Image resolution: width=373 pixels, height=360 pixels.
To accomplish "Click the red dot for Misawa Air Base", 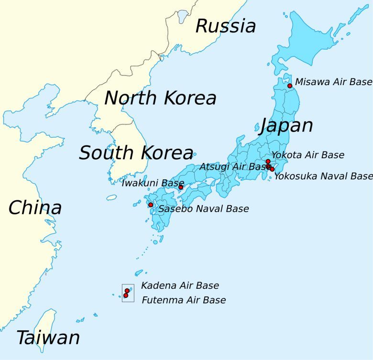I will pyautogui.click(x=290, y=86).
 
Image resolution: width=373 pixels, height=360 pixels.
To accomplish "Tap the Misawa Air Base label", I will pyautogui.click(x=333, y=82).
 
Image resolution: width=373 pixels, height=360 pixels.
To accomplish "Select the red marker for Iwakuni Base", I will pyautogui.click(x=181, y=187).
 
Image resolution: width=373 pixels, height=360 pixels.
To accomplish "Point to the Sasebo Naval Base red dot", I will pyautogui.click(x=151, y=205).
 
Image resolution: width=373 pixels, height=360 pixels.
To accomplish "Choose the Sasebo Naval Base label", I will pyautogui.click(x=204, y=209).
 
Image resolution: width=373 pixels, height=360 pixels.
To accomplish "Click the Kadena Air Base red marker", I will pyautogui.click(x=127, y=291).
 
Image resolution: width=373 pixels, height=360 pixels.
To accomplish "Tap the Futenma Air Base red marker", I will pyautogui.click(x=126, y=295).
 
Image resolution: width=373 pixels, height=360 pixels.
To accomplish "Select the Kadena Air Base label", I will pyautogui.click(x=180, y=285).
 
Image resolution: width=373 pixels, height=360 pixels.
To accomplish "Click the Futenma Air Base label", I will pyautogui.click(x=184, y=300).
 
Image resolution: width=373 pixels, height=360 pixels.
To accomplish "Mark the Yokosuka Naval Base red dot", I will pyautogui.click(x=272, y=169).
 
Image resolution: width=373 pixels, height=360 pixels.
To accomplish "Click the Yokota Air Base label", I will pyautogui.click(x=307, y=155).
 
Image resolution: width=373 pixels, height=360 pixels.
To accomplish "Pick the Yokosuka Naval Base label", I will pyautogui.click(x=323, y=176).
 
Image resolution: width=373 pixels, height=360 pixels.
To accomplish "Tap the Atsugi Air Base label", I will pyautogui.click(x=234, y=167).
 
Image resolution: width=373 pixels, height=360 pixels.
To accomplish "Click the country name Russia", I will pyautogui.click(x=226, y=26).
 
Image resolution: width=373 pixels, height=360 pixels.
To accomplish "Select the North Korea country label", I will pyautogui.click(x=160, y=98).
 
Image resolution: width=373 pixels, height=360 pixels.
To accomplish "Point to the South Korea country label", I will pyautogui.click(x=136, y=153).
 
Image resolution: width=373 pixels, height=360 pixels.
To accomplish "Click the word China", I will pyautogui.click(x=35, y=207).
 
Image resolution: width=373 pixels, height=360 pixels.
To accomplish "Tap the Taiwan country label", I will pyautogui.click(x=48, y=338).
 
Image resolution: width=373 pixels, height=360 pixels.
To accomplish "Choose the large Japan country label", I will pyautogui.click(x=286, y=125).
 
